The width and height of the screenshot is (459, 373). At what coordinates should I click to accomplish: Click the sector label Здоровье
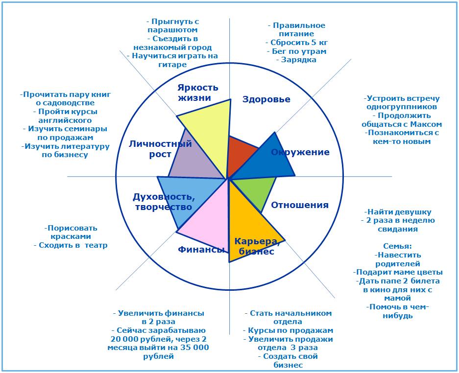pos(266,99)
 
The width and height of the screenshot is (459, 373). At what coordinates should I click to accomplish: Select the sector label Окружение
pos(300,152)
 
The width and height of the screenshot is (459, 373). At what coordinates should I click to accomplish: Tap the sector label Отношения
pos(300,205)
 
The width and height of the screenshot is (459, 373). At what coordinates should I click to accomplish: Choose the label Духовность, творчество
pos(164,202)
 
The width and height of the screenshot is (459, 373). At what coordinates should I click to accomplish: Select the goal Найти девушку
pos(398,212)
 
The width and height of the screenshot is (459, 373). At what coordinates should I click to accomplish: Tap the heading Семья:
pos(397,246)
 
